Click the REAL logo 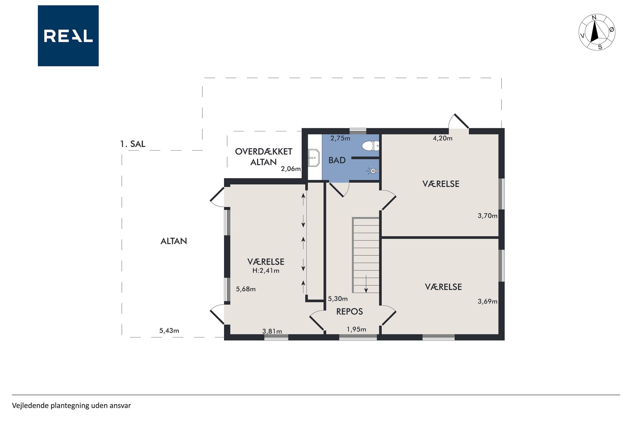(68, 36)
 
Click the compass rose (597, 32)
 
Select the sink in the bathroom (314, 158)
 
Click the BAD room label (337, 160)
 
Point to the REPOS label (349, 311)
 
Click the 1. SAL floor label (133, 144)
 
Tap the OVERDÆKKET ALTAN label (264, 157)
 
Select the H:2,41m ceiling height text (266, 271)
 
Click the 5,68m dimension (246, 289)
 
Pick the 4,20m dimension (442, 138)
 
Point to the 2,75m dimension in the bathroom (340, 138)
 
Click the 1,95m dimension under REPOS (357, 329)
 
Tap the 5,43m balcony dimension (169, 331)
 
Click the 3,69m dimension (488, 301)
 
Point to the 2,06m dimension (291, 169)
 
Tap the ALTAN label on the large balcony (174, 241)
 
